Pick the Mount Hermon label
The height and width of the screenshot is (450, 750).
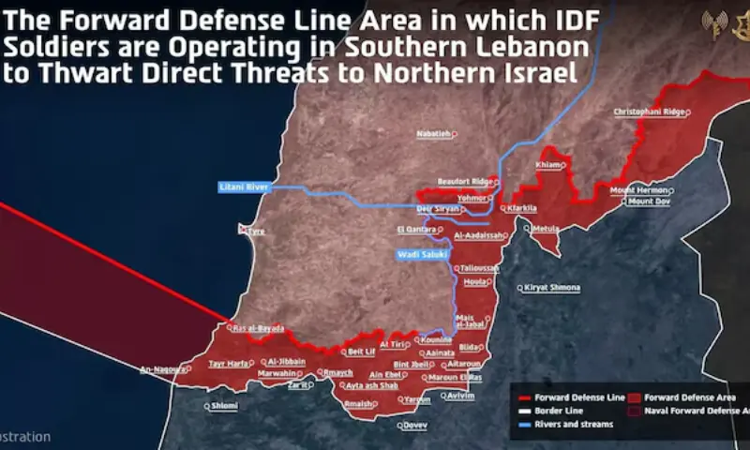click(x=638, y=190)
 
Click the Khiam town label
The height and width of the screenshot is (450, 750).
click(x=547, y=165)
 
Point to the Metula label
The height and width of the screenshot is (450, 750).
click(x=546, y=229)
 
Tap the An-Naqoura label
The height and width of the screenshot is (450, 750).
click(x=163, y=369)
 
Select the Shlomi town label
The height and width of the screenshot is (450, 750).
click(x=224, y=406)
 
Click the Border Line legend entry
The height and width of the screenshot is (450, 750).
click(x=558, y=411)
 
